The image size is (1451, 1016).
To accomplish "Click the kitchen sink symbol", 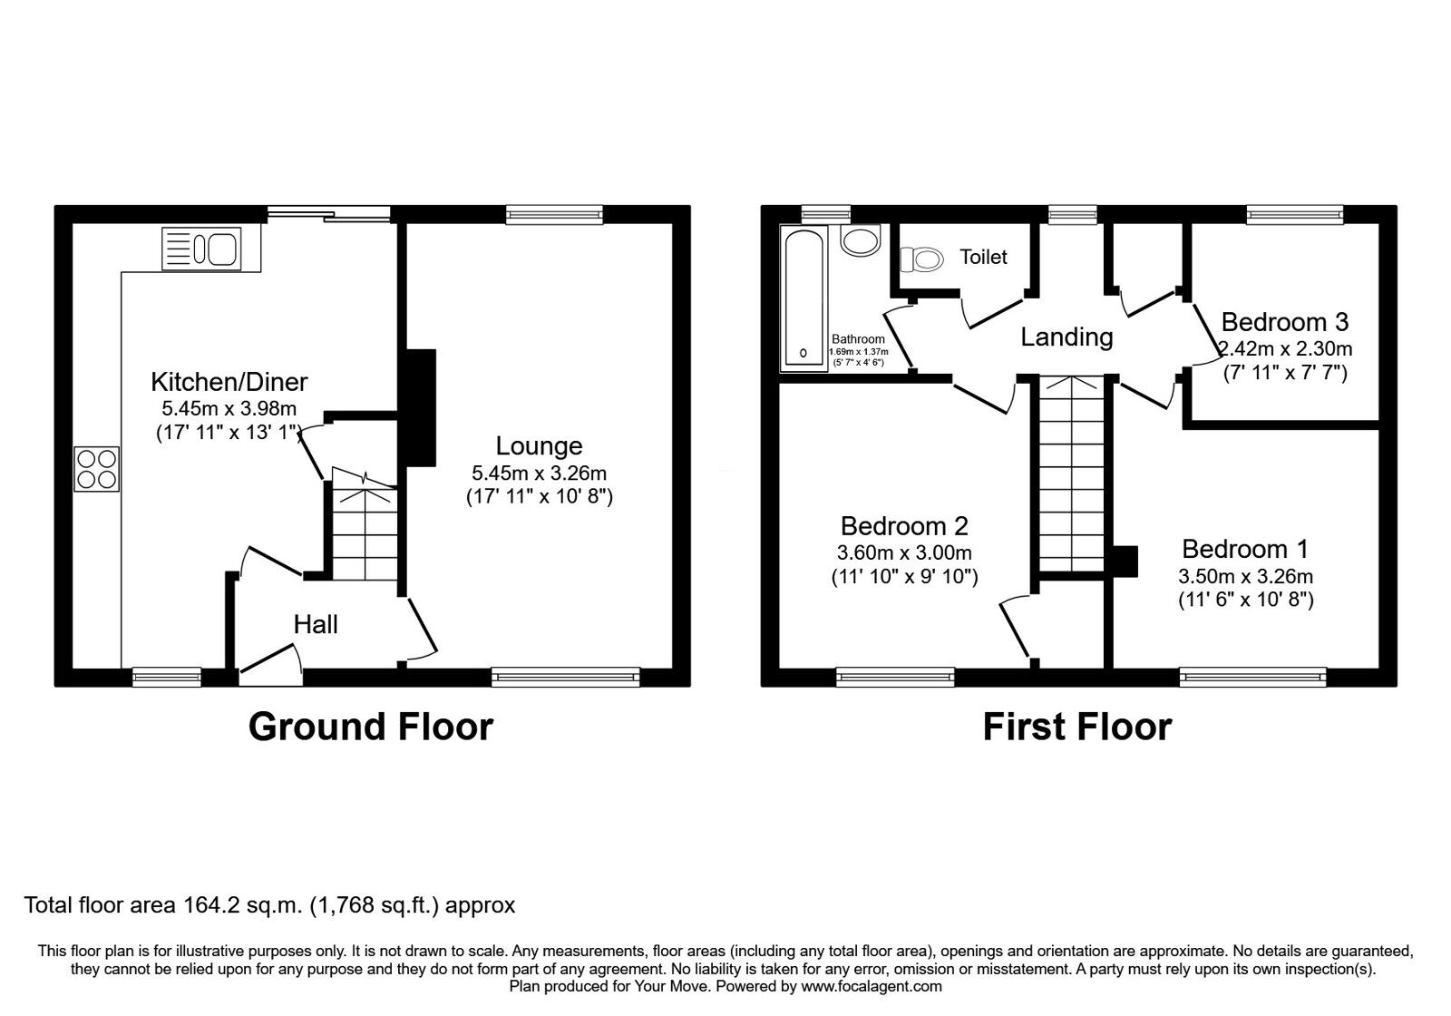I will click(201, 249).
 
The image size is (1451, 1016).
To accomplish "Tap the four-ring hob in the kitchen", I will click(97, 470).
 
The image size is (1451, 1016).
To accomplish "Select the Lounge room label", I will click(539, 446).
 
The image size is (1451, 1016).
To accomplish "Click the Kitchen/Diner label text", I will click(229, 382).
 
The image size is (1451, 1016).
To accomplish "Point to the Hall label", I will click(316, 624).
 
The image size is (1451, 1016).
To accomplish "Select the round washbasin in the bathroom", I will click(859, 239).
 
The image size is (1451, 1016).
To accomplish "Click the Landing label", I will click(1066, 337).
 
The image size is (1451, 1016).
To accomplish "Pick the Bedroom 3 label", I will click(1284, 322).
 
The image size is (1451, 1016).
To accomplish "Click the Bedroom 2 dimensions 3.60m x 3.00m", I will click(904, 552).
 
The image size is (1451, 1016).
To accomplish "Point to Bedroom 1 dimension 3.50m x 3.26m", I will click(1245, 576).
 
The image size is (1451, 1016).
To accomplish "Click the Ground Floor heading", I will click(370, 727).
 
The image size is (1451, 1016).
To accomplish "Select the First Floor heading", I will click(1076, 727).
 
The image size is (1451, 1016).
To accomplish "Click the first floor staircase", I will click(1071, 476).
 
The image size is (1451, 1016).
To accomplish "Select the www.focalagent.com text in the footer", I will click(872, 986).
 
